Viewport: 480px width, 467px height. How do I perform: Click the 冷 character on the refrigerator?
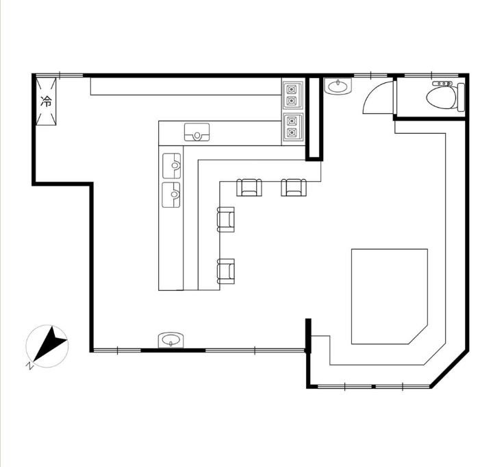47,101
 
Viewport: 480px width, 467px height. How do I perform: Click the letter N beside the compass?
29,366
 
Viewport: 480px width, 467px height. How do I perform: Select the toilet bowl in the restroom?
442,97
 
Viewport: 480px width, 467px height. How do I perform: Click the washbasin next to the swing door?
338,86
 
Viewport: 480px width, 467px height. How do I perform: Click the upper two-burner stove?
292,95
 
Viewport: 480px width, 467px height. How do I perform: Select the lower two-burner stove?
292,128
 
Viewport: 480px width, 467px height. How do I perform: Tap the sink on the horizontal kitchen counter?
197,132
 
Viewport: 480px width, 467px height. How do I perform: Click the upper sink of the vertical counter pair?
171,166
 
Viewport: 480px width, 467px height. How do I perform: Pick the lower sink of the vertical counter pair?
171,195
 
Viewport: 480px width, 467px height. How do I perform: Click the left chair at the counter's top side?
249,188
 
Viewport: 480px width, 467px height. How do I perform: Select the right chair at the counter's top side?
294,188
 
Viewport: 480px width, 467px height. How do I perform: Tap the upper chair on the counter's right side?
226,219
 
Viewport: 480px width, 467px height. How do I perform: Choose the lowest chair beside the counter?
226,271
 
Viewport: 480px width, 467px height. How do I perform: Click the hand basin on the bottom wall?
170,340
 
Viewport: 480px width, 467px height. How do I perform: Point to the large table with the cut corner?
390,296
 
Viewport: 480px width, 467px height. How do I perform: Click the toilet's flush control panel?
442,84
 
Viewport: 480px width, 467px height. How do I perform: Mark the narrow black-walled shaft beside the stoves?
314,119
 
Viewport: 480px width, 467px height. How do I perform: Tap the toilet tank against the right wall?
461,97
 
